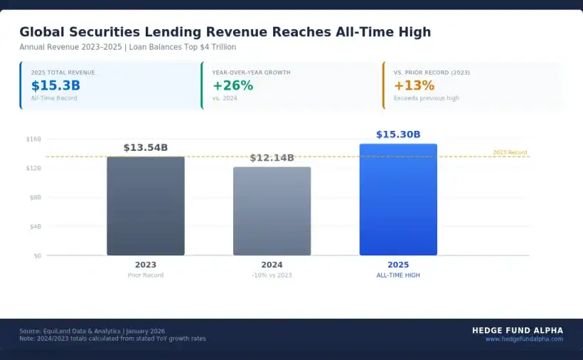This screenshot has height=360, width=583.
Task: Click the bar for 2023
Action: click(146, 206)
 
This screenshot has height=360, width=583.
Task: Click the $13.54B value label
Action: click(146, 147)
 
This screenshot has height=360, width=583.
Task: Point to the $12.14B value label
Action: click(272, 157)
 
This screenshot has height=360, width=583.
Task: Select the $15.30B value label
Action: click(398, 134)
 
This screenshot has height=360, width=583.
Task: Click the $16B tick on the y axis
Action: click(33, 139)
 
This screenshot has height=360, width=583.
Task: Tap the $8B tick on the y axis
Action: click(34, 197)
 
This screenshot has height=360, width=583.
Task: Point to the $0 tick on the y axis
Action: click(37, 255)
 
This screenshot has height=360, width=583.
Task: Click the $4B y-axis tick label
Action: click(34, 226)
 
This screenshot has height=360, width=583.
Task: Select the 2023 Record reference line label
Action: click(510, 152)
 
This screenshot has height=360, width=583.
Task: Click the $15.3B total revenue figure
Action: click(55, 85)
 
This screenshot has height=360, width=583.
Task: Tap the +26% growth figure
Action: click(232, 85)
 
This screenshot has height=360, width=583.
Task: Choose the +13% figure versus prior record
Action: click(414, 85)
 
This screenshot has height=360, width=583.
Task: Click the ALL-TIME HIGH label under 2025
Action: click(398, 275)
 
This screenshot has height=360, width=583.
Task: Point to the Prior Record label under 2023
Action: click(146, 275)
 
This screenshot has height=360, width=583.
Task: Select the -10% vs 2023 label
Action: click(272, 275)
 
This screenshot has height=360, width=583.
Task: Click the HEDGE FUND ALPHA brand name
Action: click(518, 330)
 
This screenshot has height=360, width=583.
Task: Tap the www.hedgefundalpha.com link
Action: click(524, 339)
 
